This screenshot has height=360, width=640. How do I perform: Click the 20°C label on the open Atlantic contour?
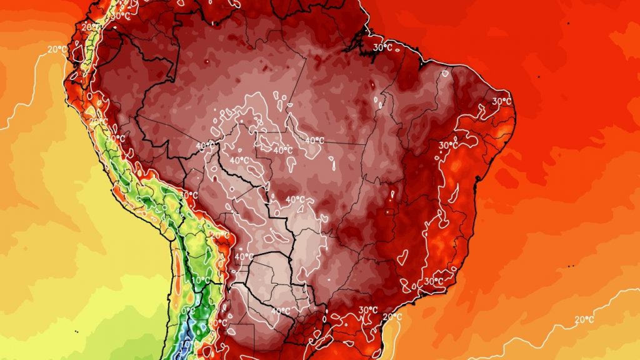tap(584, 319)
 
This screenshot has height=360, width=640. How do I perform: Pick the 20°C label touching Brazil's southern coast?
tap(392, 317)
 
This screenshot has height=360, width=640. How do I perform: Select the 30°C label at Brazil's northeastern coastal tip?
tap(501, 101)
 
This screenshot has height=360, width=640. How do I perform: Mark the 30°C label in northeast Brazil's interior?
tap(448, 145)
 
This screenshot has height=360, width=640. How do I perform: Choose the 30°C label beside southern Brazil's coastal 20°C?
tap(369, 310)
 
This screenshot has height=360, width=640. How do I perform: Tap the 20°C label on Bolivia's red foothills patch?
tap(220, 235)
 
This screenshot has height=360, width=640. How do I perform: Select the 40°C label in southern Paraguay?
tap(280, 311)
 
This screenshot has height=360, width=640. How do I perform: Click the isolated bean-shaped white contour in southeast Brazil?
tap(402, 255)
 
